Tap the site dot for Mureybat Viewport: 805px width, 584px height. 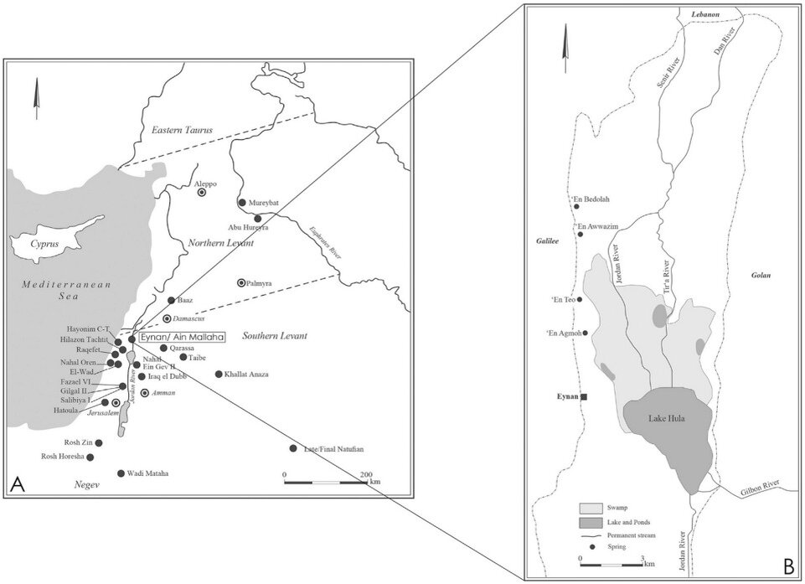pyautogui.click(x=242, y=203)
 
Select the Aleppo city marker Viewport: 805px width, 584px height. pyautogui.click(x=202, y=193)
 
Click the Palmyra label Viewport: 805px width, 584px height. pyautogui.click(x=262, y=283)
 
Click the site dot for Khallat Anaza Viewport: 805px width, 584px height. pyautogui.click(x=219, y=375)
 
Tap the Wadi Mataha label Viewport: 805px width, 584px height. pyautogui.click(x=148, y=473)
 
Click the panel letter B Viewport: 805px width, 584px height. pyautogui.click(x=787, y=567)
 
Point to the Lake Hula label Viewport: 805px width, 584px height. pyautogui.click(x=667, y=420)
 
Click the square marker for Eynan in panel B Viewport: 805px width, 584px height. pyautogui.click(x=584, y=396)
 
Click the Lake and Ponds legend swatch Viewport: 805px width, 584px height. pyautogui.click(x=591, y=520)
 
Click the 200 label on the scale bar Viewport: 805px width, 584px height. pyautogui.click(x=365, y=475)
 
